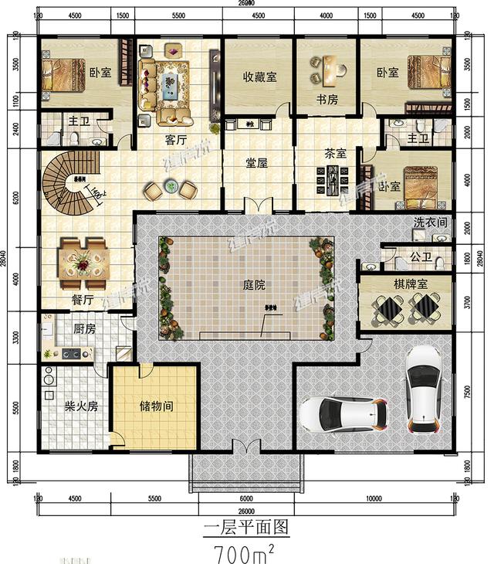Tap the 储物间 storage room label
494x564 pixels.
[x=156, y=404]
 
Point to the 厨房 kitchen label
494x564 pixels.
[x=84, y=328]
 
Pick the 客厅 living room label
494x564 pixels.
[x=176, y=140]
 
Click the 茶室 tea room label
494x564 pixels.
[x=334, y=153]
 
